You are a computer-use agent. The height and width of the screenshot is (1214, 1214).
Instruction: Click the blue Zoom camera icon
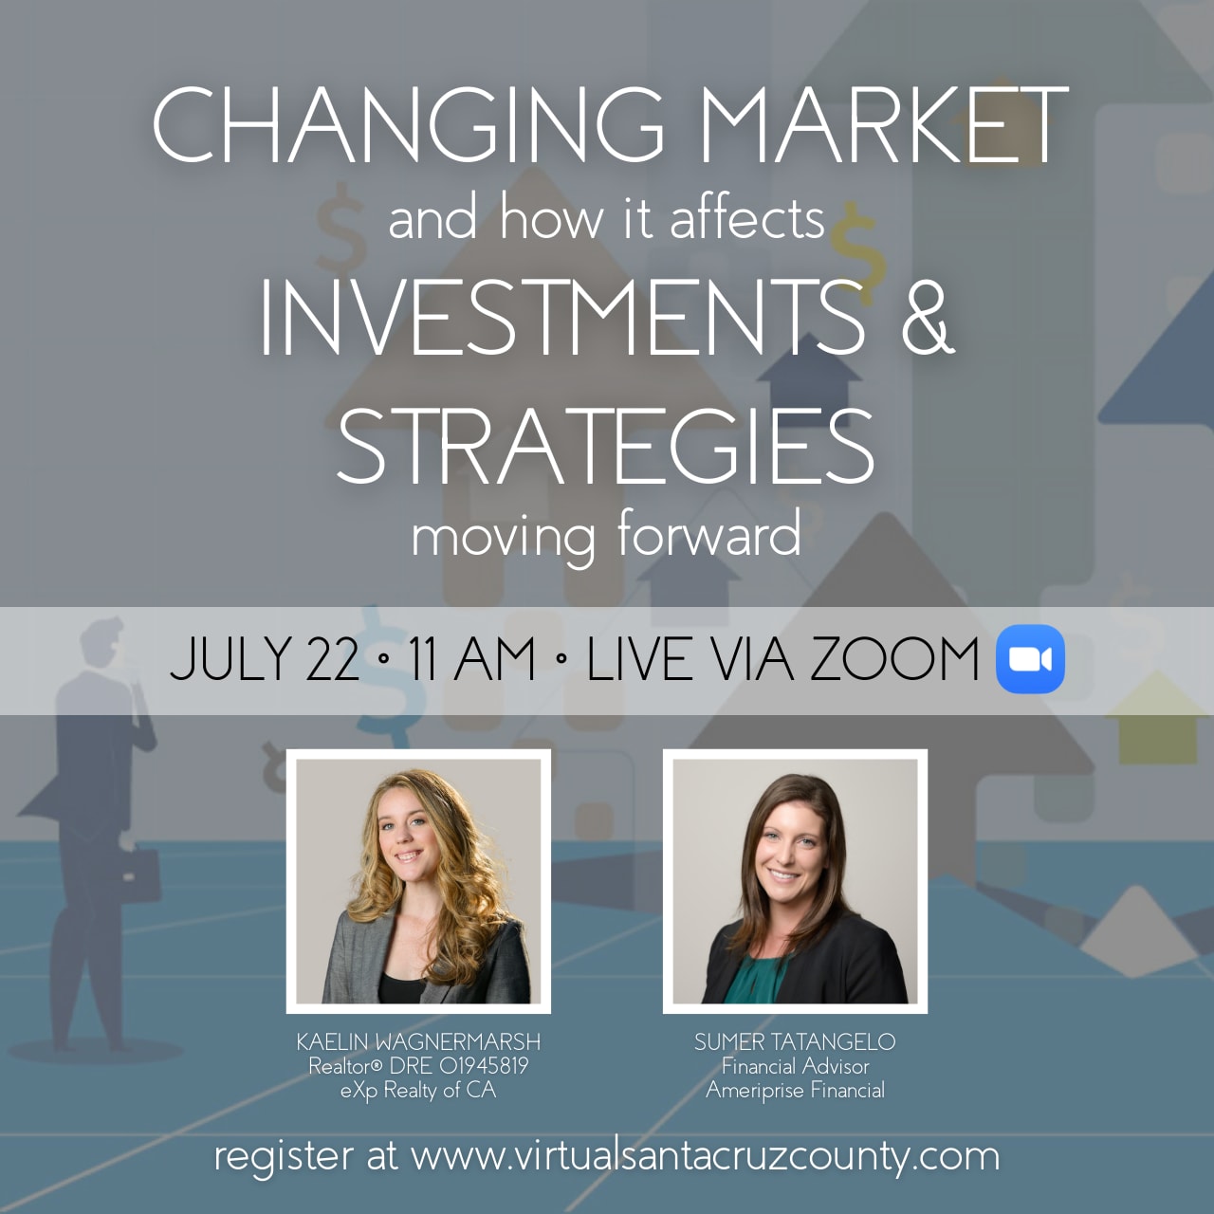click(x=1030, y=659)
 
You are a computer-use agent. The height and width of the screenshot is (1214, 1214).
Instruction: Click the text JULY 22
click(x=265, y=659)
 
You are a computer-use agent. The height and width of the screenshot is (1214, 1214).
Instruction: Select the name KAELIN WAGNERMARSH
click(x=418, y=1042)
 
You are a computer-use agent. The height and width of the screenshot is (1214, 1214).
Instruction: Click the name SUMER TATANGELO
click(x=795, y=1042)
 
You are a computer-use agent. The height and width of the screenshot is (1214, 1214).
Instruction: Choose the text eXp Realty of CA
click(x=418, y=1090)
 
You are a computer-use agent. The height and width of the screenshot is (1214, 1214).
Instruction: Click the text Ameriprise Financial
click(x=795, y=1090)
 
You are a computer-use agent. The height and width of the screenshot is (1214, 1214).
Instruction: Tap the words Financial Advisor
click(x=795, y=1066)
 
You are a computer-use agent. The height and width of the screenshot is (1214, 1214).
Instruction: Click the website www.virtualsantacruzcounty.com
click(x=705, y=1157)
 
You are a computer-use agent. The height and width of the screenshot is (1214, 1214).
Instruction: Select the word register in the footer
click(x=283, y=1158)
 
